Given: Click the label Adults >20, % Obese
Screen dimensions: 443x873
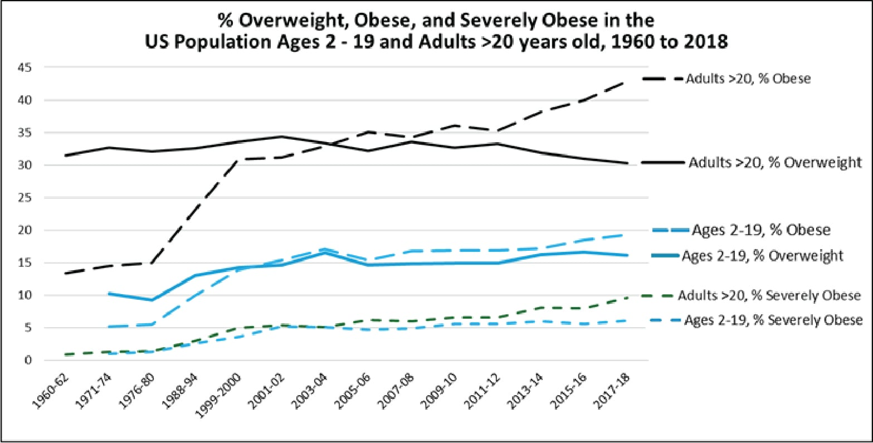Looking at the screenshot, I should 748,79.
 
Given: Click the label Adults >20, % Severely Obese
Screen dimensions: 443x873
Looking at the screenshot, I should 769,296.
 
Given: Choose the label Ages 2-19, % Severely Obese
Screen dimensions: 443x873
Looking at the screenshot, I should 773,320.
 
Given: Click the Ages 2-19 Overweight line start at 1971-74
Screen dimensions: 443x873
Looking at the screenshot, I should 109,293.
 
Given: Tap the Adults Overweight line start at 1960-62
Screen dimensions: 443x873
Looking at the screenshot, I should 66,155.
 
